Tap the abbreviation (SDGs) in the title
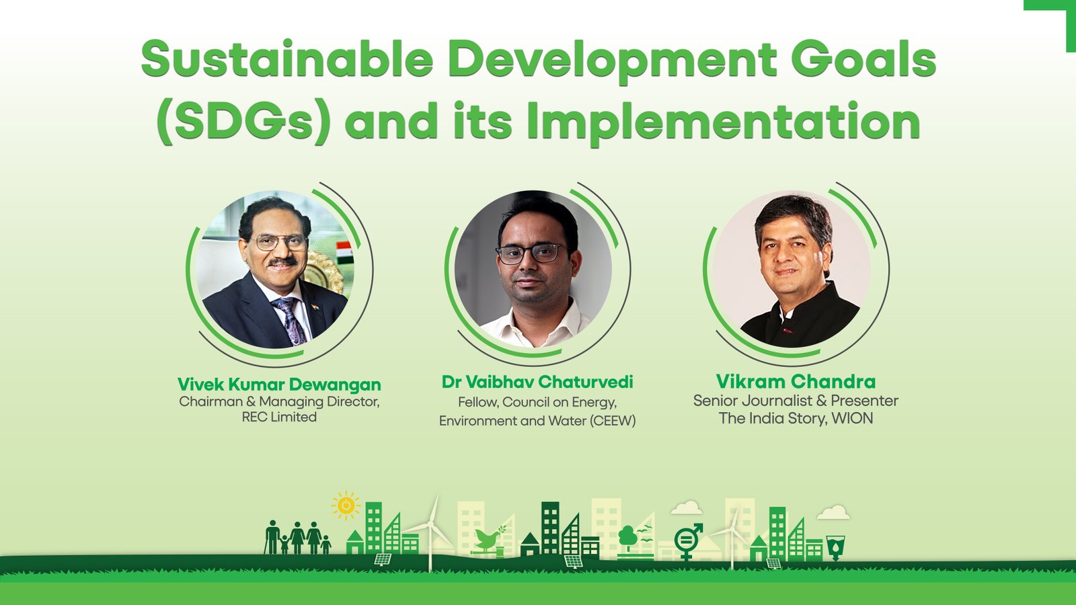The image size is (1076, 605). click(x=243, y=122)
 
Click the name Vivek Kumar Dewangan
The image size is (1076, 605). click(x=279, y=384)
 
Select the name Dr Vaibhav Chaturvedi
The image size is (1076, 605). click(x=537, y=382)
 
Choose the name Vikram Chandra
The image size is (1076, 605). click(x=796, y=382)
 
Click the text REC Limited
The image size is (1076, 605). click(x=279, y=417)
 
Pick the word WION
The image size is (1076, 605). click(x=852, y=418)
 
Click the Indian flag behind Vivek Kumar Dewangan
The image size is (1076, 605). click(x=344, y=253)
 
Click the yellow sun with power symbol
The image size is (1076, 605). click(x=346, y=506)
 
